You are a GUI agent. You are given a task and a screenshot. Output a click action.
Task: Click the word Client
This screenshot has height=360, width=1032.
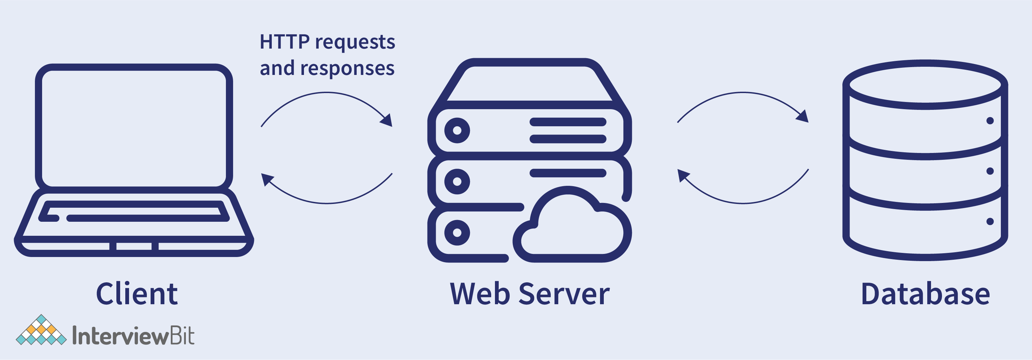point(137,294)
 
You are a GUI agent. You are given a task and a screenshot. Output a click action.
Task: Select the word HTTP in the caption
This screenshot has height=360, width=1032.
point(284,42)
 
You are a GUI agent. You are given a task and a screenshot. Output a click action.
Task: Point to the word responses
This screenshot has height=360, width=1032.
point(347,68)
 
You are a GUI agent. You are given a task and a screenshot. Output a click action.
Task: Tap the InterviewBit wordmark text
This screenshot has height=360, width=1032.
point(133,336)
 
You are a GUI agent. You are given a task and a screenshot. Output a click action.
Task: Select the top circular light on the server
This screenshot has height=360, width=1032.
point(457,130)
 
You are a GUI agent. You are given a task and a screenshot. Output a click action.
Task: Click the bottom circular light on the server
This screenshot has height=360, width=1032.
point(457,233)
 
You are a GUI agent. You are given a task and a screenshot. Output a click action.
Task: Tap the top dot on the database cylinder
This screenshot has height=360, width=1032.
point(990,120)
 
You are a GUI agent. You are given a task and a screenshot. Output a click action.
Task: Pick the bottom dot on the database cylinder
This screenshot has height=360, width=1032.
point(990,221)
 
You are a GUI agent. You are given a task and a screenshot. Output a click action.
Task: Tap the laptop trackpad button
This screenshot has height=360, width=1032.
point(134,246)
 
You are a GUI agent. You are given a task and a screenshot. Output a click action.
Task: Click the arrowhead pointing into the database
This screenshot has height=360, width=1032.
point(803,117)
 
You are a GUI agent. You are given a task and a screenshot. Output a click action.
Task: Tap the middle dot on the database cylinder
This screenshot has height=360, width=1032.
point(990,171)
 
